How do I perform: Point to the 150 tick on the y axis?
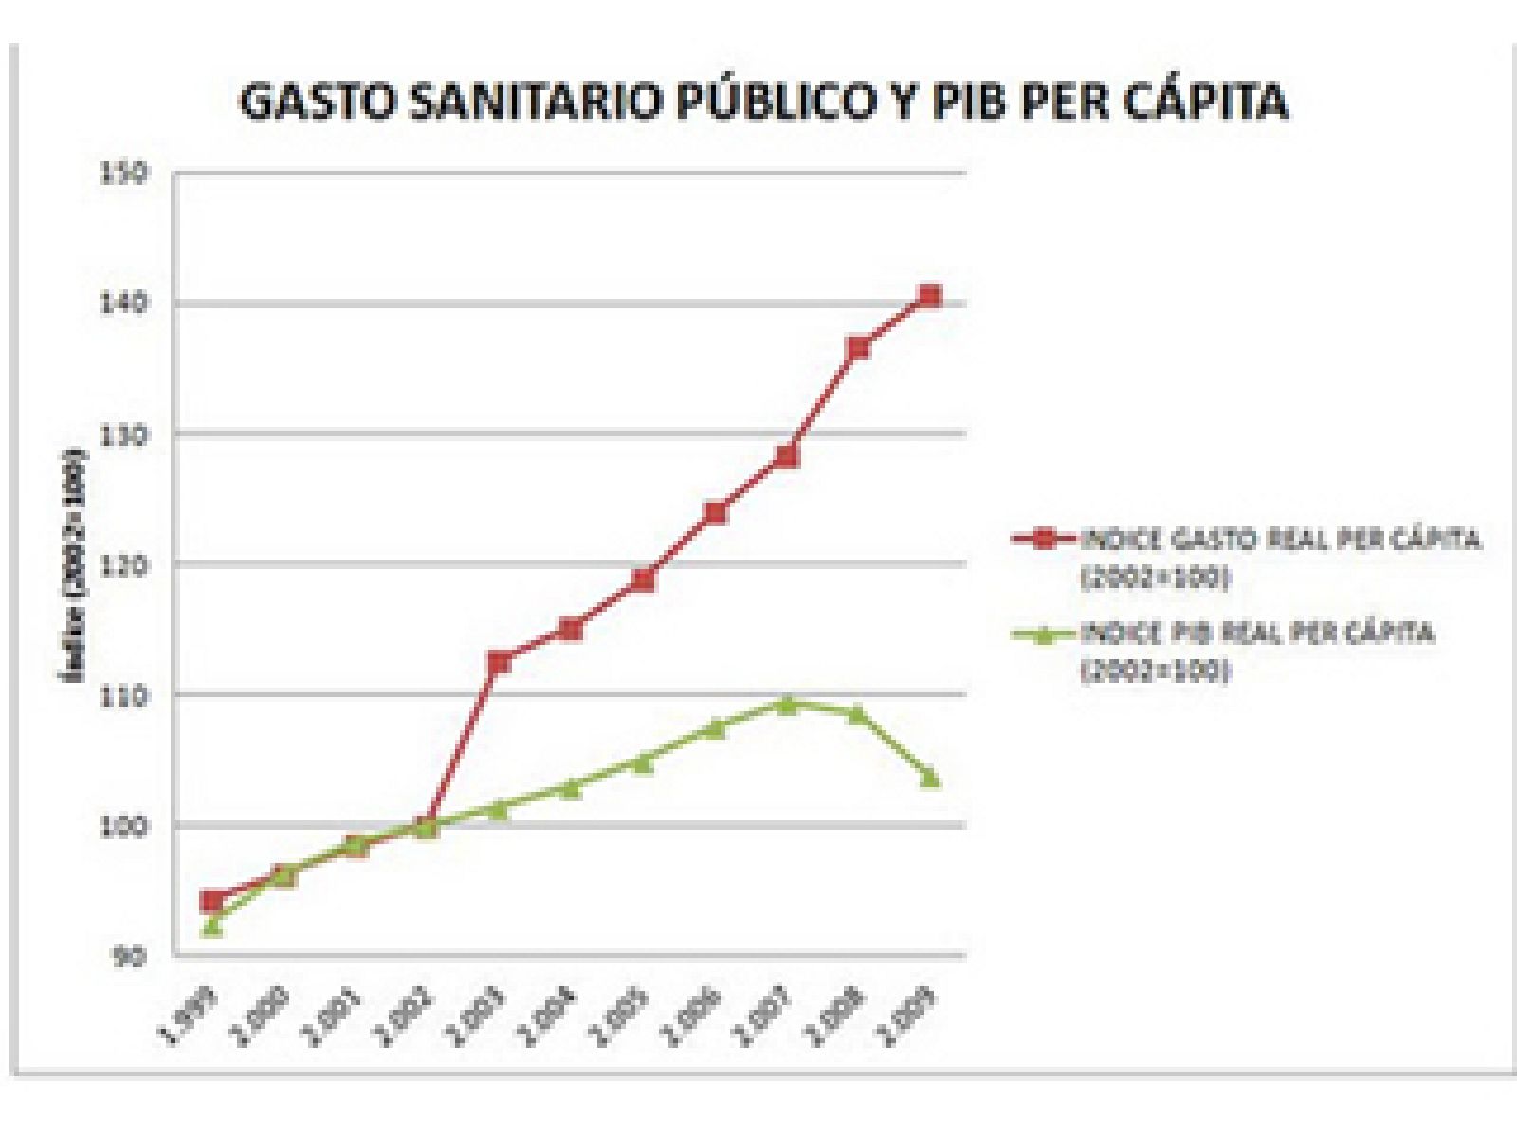pos(123,174)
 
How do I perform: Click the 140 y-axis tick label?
pos(123,303)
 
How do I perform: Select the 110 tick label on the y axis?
pos(123,695)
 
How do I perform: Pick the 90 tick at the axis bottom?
pos(129,956)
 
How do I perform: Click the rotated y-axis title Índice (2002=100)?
pos(72,564)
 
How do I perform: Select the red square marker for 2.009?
pos(930,297)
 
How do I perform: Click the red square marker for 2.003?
pos(499,662)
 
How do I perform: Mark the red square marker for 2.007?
pos(787,457)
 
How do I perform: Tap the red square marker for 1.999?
pos(212,901)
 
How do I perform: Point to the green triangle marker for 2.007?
pos(787,705)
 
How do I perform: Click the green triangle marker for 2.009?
pos(930,779)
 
